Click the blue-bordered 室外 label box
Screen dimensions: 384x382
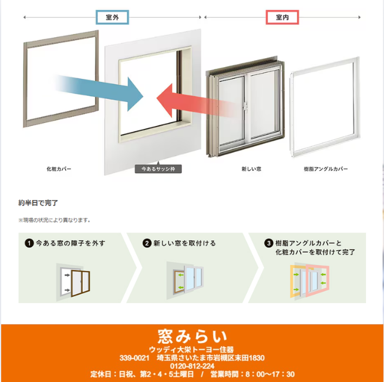click(112, 17)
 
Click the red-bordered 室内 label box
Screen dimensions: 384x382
click(282, 17)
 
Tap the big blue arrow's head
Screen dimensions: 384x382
click(134, 95)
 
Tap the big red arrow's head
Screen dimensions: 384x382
click(164, 100)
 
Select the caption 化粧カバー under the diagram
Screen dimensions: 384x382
click(59, 169)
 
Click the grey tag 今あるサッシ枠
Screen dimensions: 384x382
click(158, 169)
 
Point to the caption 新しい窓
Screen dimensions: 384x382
click(251, 169)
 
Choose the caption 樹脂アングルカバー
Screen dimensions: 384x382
click(326, 169)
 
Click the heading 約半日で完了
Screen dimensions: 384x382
click(38, 203)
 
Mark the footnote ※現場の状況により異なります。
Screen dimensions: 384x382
click(55, 220)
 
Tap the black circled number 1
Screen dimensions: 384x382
click(29, 243)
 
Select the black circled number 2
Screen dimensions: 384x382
click(147, 243)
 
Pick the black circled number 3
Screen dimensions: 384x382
click(269, 243)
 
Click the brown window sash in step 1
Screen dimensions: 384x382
click(72, 284)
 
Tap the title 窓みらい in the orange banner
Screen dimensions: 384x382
click(192, 337)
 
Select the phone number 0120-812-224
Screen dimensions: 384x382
click(192, 366)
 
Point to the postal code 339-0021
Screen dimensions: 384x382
click(134, 358)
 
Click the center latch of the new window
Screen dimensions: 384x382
click(245, 107)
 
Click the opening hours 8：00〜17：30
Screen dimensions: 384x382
click(270, 374)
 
